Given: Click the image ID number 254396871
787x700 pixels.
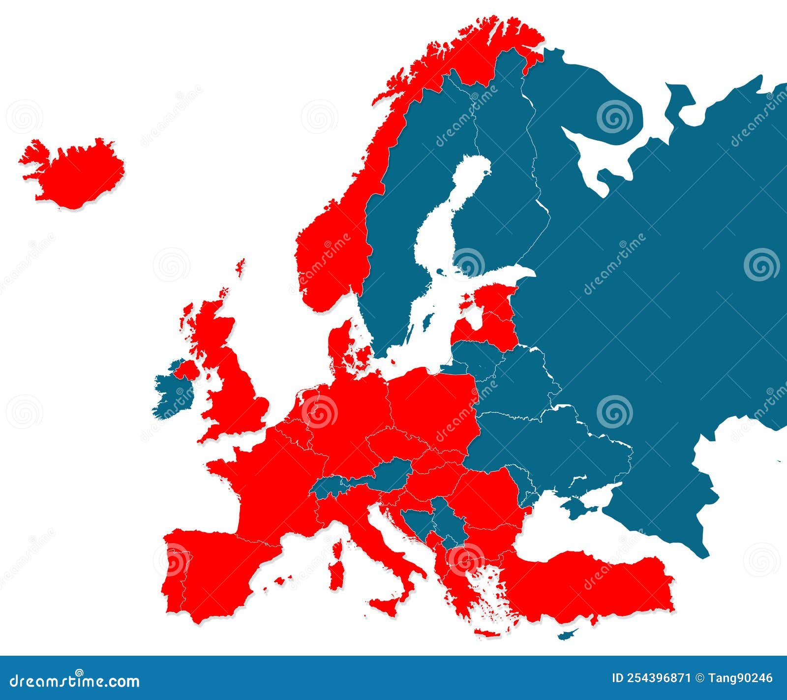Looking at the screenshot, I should click(x=651, y=678).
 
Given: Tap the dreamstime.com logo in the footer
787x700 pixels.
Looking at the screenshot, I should click(x=74, y=680).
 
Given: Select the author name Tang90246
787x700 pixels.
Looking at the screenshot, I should click(x=740, y=678).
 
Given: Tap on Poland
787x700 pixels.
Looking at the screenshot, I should click(x=433, y=403).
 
